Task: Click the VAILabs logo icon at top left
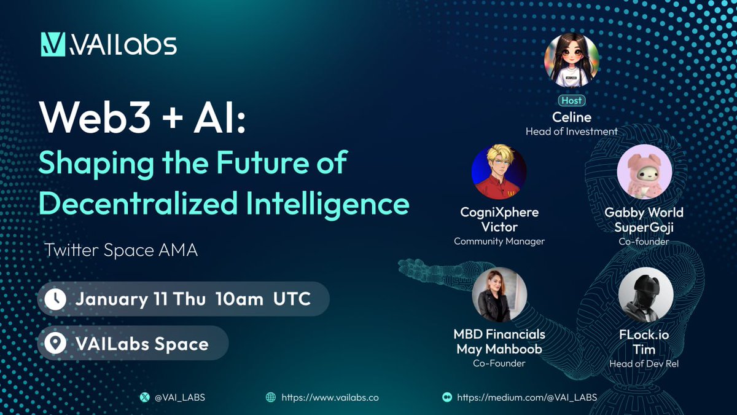pyautogui.click(x=53, y=44)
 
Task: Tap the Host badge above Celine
pyautogui.click(x=571, y=100)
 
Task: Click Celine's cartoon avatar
pyautogui.click(x=571, y=60)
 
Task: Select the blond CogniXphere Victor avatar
pyautogui.click(x=499, y=172)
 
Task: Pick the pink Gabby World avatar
pyautogui.click(x=644, y=172)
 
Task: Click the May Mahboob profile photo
pyautogui.click(x=499, y=294)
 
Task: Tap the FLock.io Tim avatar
pyautogui.click(x=644, y=294)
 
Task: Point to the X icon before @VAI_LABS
pyautogui.click(x=145, y=397)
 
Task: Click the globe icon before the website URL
pyautogui.click(x=270, y=397)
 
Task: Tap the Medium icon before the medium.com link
pyautogui.click(x=447, y=397)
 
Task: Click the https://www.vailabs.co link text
pyautogui.click(x=330, y=397)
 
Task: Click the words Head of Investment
pyautogui.click(x=571, y=131)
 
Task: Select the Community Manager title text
pyautogui.click(x=499, y=241)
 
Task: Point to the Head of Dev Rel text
pyautogui.click(x=644, y=363)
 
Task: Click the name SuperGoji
pyautogui.click(x=644, y=227)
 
